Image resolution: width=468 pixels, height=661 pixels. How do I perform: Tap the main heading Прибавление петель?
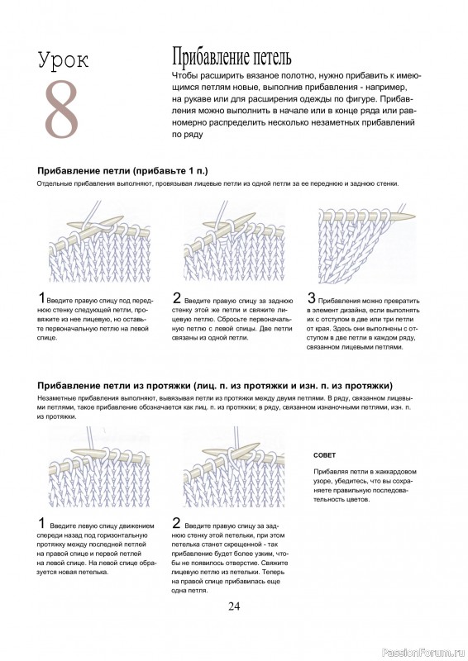[231, 58]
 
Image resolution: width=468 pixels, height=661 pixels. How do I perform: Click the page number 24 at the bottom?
[233, 606]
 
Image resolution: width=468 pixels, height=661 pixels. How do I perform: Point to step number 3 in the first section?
[311, 298]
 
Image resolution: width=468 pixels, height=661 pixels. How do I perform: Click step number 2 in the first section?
[177, 298]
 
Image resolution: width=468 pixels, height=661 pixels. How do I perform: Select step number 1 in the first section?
[42, 298]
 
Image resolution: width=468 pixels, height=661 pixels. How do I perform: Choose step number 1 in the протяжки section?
[42, 523]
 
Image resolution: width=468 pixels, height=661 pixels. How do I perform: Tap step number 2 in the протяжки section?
[177, 523]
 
